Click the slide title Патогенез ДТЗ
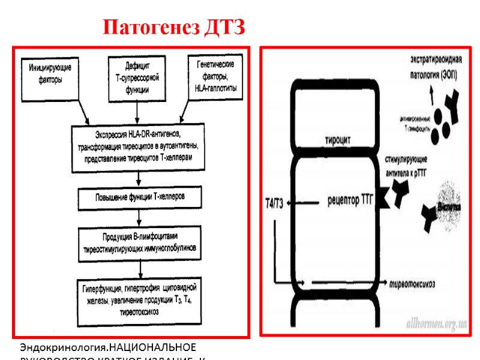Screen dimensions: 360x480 coord(174,28)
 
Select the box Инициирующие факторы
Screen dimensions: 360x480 coord(50,77)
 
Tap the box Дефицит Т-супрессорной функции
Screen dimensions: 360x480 coord(137,77)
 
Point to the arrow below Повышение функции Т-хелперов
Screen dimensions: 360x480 coord(139,215)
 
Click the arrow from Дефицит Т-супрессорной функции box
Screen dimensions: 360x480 coord(138,112)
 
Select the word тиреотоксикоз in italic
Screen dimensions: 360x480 coord(413,283)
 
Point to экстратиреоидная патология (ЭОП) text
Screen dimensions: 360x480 coord(428,69)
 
